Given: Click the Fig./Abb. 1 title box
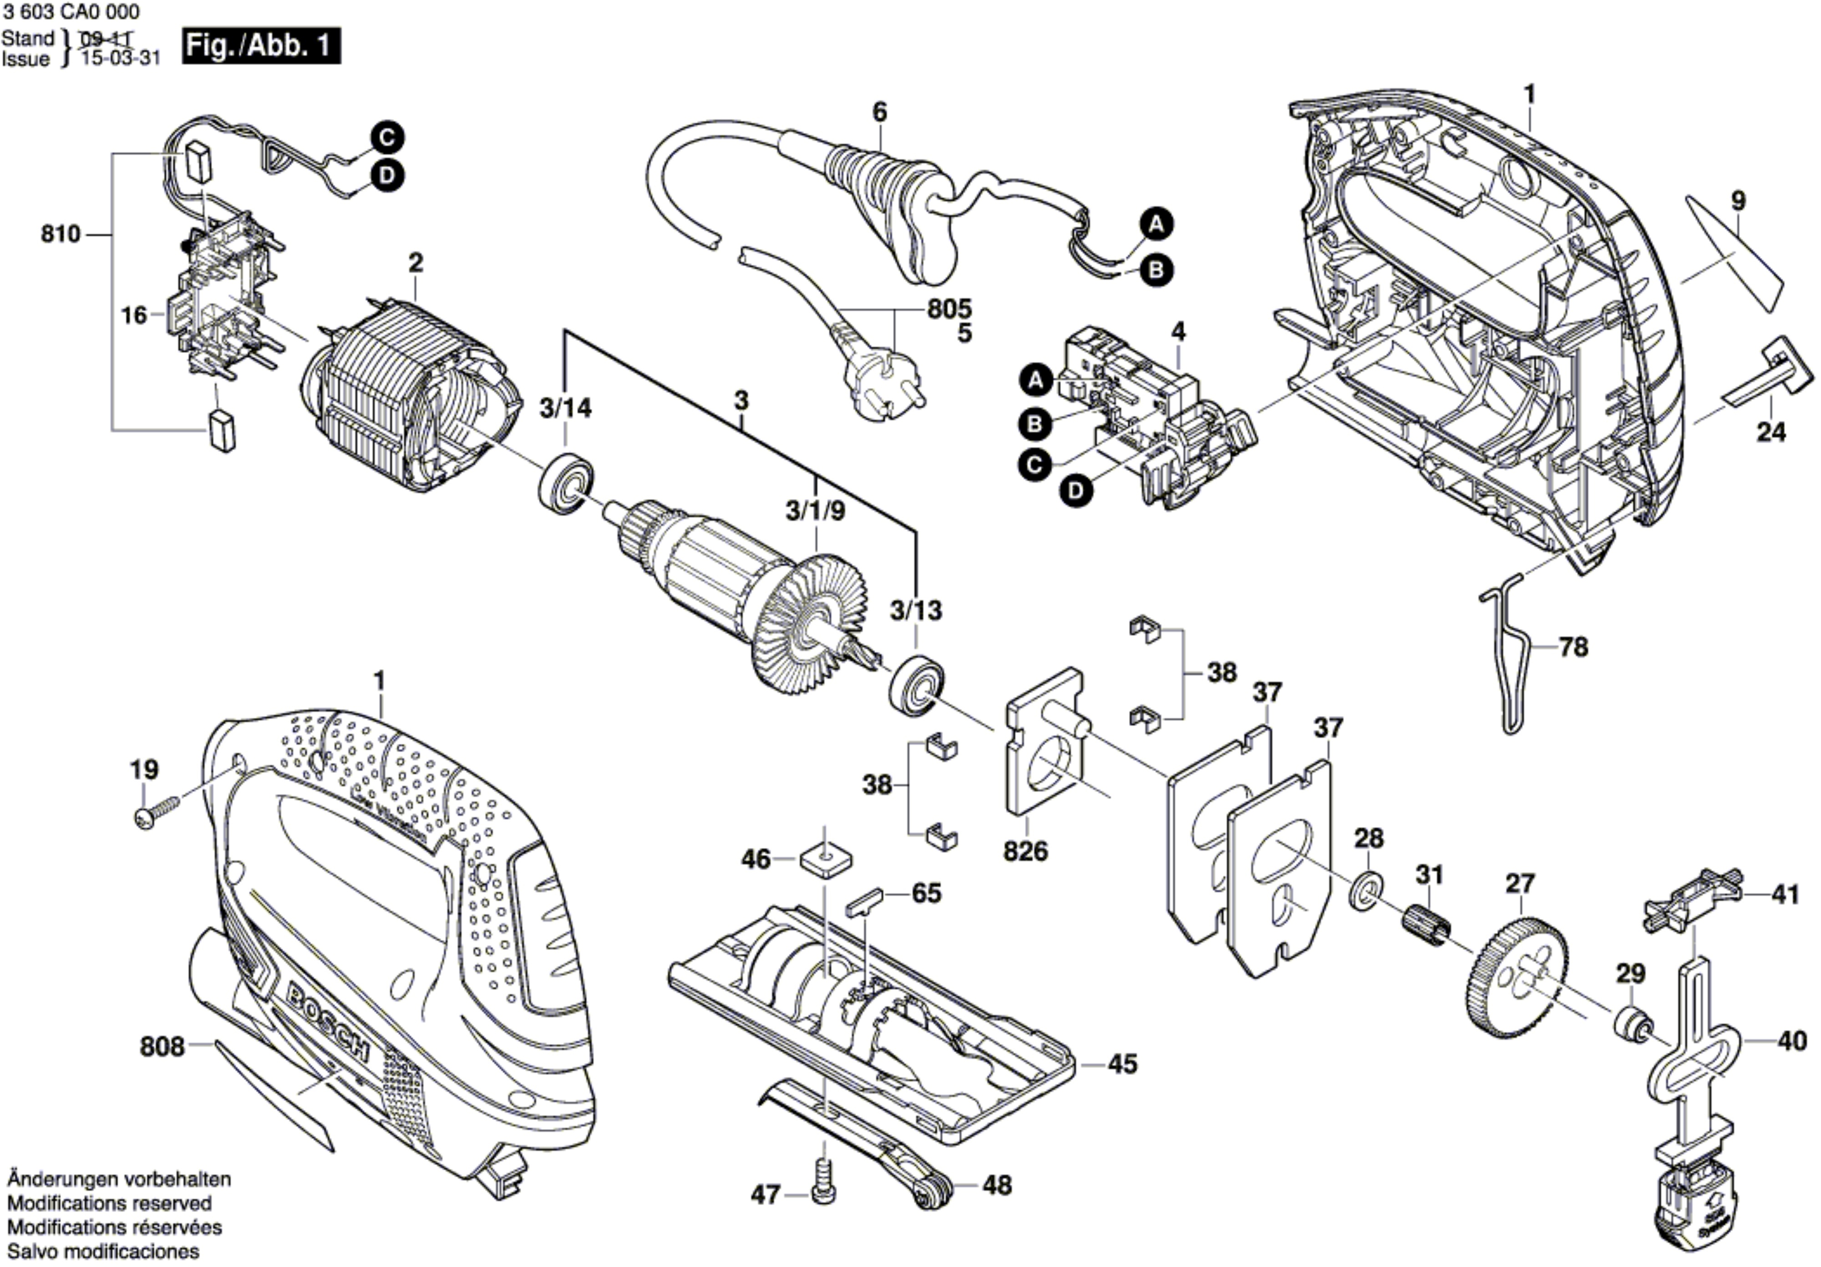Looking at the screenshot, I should tap(261, 46).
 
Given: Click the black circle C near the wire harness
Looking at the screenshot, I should tap(386, 138).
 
